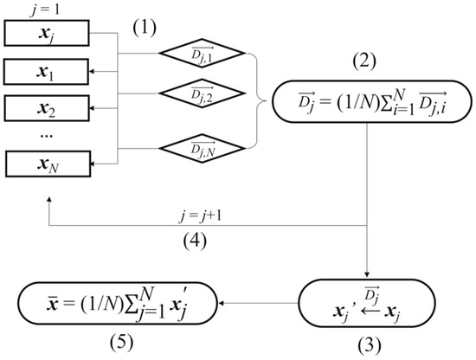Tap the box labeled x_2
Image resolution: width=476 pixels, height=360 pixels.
pos(44,110)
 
